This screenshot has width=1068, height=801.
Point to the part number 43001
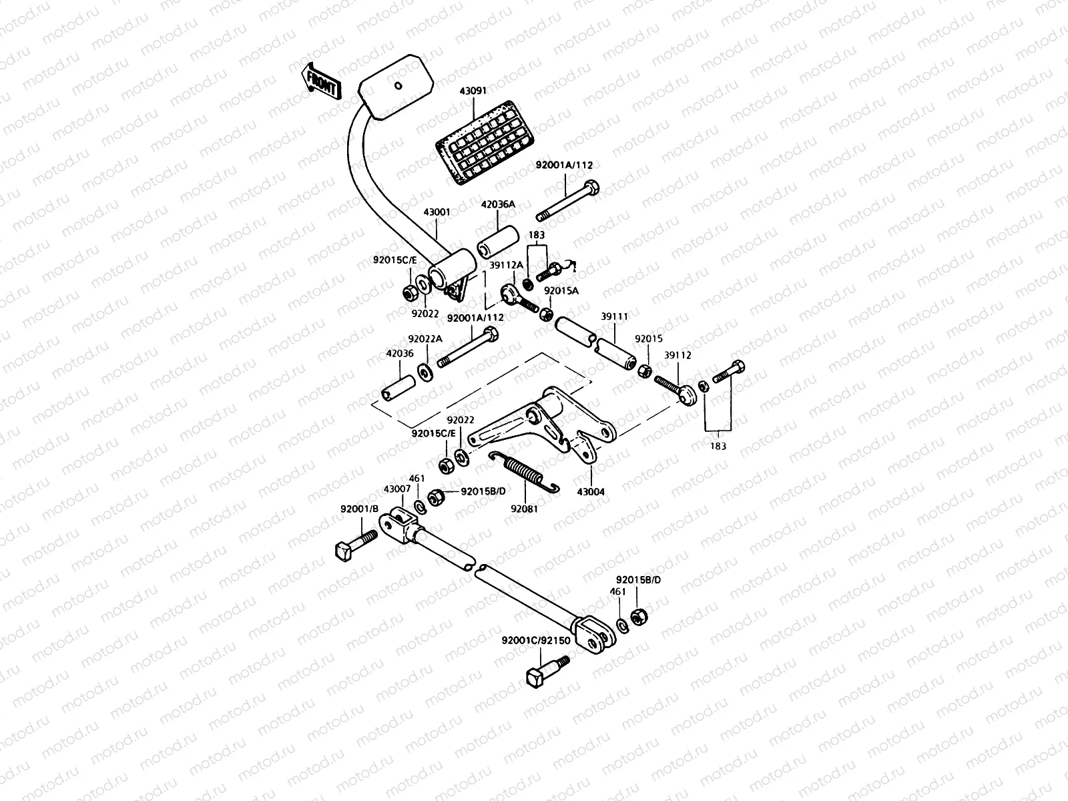(x=437, y=212)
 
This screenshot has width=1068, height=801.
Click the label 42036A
(x=498, y=205)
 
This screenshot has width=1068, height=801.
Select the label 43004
(x=590, y=492)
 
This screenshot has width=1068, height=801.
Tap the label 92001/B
(x=362, y=509)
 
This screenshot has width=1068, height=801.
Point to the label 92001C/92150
(x=536, y=641)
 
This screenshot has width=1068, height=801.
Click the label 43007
(x=396, y=489)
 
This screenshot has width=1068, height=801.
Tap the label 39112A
(x=507, y=265)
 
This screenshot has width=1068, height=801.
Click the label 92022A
(x=425, y=339)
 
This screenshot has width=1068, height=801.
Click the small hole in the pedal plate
(x=397, y=85)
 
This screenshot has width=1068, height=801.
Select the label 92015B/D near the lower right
(x=638, y=579)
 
